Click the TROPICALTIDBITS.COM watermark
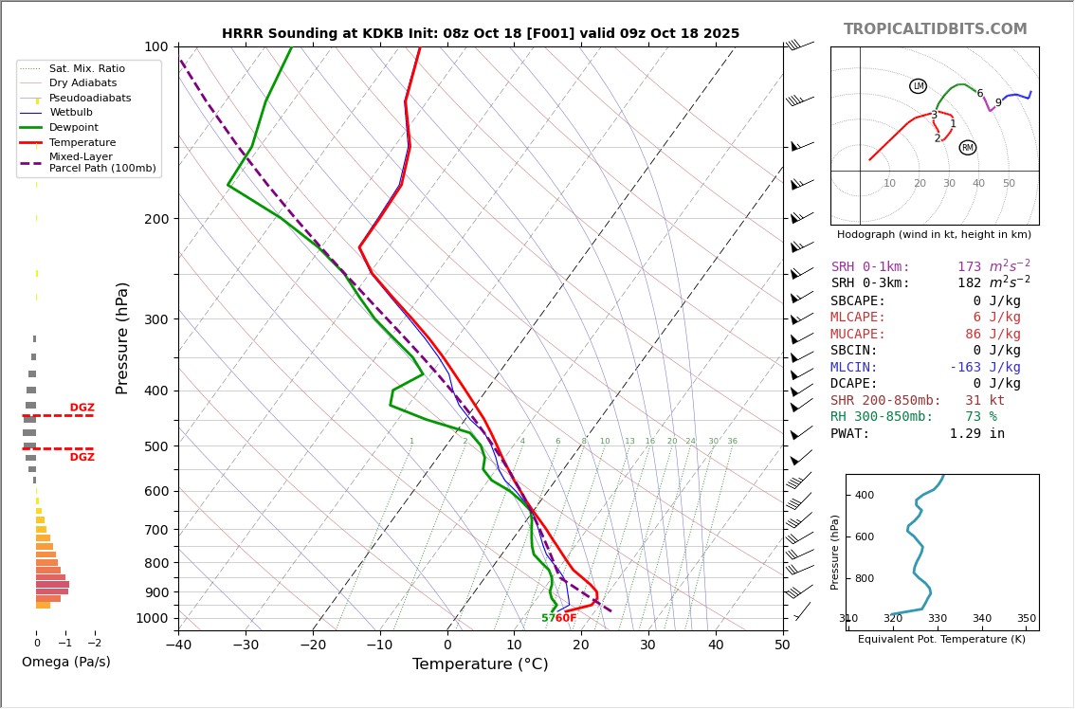(935, 29)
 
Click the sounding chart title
(481, 33)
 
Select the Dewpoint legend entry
(74, 127)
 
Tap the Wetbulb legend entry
(72, 113)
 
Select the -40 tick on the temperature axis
(178, 645)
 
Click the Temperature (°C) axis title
(481, 664)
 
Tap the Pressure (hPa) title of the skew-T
(122, 337)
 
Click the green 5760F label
(559, 618)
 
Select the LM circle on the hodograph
(918, 86)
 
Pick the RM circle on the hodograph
(967, 148)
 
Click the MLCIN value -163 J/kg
(985, 368)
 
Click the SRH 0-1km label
(870, 267)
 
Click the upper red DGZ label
(82, 408)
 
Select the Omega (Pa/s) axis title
(66, 662)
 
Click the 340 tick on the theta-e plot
(982, 618)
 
